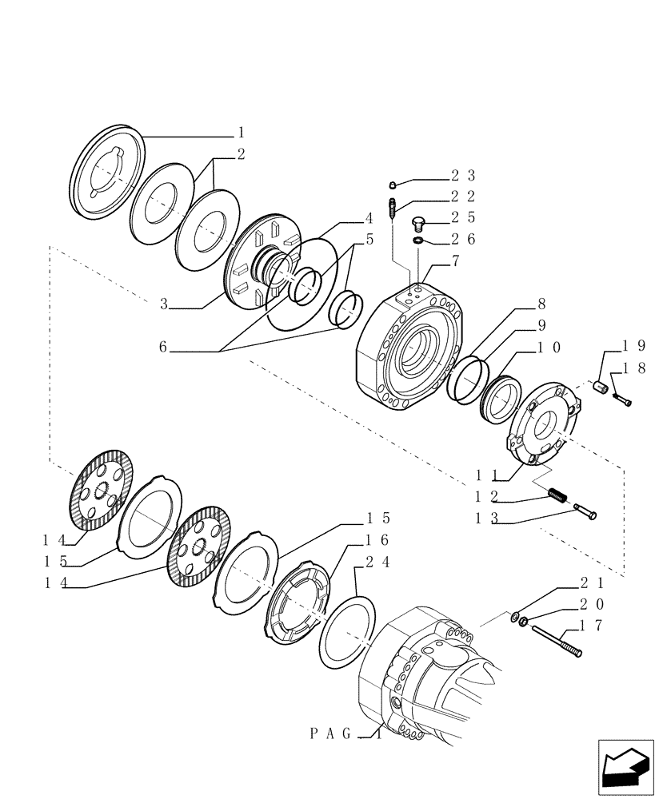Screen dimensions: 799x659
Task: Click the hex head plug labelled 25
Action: (x=417, y=223)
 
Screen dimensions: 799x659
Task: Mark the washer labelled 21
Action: (x=517, y=616)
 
